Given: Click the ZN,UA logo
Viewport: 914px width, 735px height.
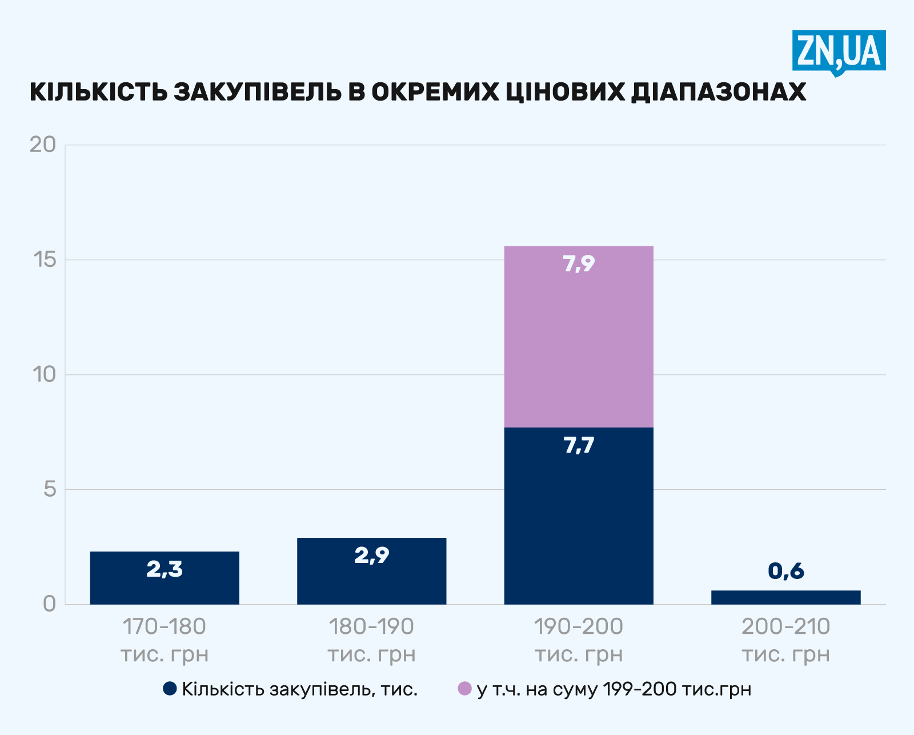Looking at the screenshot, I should coord(839,51).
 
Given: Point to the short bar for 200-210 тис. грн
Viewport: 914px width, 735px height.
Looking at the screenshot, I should coord(785,597).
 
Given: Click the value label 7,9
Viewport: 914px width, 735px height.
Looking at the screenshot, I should coord(579,264).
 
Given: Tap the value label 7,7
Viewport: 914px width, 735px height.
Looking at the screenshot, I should coord(579,445).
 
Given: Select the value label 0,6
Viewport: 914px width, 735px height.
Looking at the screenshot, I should coord(786,570).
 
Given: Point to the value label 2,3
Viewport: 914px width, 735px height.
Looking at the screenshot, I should coord(165,569).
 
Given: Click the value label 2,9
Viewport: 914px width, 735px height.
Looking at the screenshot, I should coord(371,555).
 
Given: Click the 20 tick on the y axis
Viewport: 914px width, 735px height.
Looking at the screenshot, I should coord(43,145).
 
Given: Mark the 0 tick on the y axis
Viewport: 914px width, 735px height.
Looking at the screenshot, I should coord(50,604).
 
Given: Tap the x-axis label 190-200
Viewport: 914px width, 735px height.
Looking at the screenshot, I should coord(579,627).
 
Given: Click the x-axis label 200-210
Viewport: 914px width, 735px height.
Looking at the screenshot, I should coord(785,627).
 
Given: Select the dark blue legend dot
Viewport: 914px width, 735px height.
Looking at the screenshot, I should coord(170,689).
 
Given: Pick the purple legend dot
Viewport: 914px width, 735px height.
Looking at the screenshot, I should coord(465,689).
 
